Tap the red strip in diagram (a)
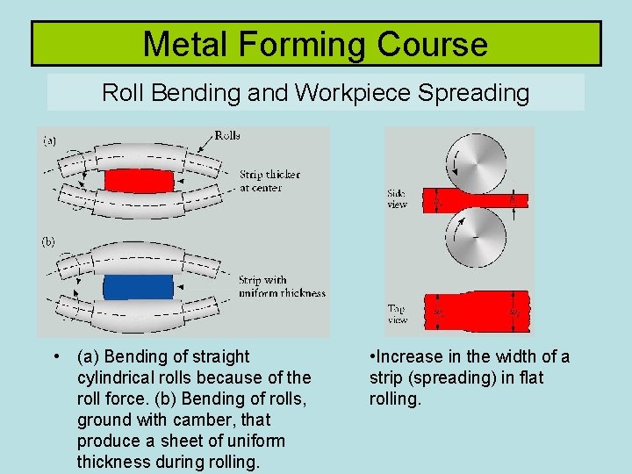tap(140, 182)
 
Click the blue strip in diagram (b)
tap(138, 287)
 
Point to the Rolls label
tap(226, 136)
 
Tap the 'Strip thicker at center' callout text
tap(269, 181)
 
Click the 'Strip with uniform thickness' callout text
tap(281, 287)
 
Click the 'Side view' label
tap(397, 198)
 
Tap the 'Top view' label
tap(397, 313)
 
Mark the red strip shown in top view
tap(475, 312)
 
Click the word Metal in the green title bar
tap(184, 44)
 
